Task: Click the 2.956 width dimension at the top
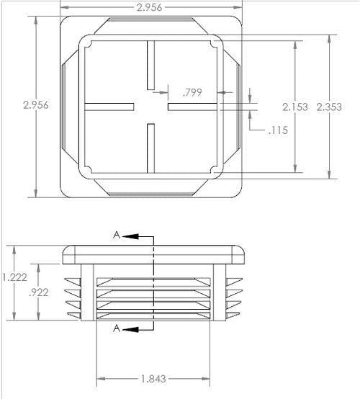[149, 6]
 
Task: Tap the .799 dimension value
[192, 92]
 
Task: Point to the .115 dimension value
[276, 130]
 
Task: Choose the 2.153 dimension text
[295, 107]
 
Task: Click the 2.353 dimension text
[330, 107]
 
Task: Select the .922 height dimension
[37, 292]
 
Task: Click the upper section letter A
[116, 236]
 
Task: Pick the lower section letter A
[116, 328]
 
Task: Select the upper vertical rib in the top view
[151, 65]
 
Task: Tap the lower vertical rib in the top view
[151, 148]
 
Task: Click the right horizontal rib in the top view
[193, 107]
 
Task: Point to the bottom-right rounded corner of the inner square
[215, 170]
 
